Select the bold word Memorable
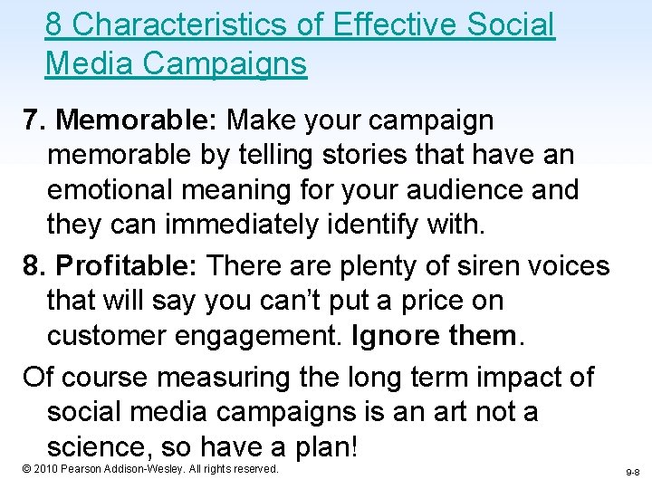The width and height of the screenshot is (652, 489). (135, 120)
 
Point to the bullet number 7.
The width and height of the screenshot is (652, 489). (34, 120)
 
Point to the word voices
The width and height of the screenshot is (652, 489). (568, 266)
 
